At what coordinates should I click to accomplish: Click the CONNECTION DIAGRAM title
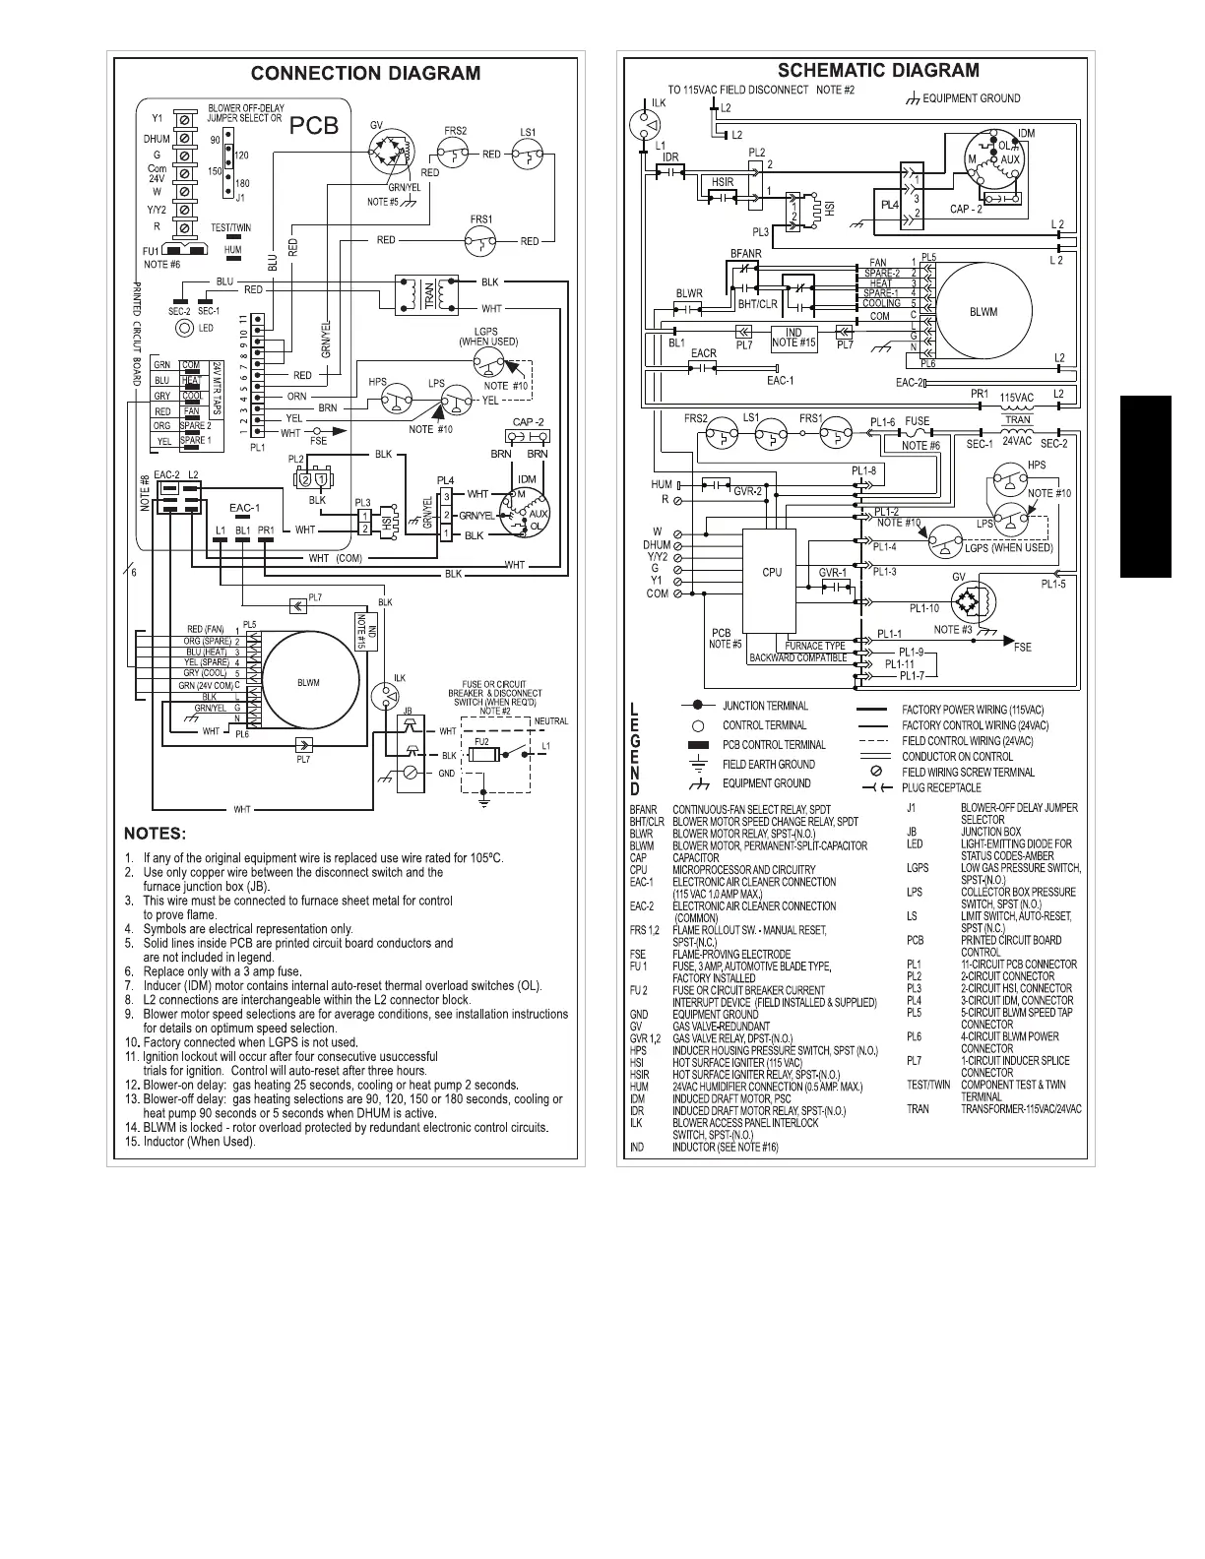pos(365,73)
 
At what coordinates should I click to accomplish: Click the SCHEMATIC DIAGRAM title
pos(878,70)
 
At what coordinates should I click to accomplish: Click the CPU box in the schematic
pos(772,573)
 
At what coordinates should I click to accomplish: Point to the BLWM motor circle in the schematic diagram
pos(983,312)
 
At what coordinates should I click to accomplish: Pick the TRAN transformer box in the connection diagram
pos(428,294)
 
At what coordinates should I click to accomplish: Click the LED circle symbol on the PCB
pos(182,328)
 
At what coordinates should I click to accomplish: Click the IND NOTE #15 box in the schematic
pos(793,338)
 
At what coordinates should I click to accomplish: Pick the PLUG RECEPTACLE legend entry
pos(940,787)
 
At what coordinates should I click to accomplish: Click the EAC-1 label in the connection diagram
pos(244,508)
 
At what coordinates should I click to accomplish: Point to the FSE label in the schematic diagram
pos(1023,647)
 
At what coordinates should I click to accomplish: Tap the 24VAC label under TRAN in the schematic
pos(1017,442)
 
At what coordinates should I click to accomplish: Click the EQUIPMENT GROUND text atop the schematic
pos(971,98)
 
